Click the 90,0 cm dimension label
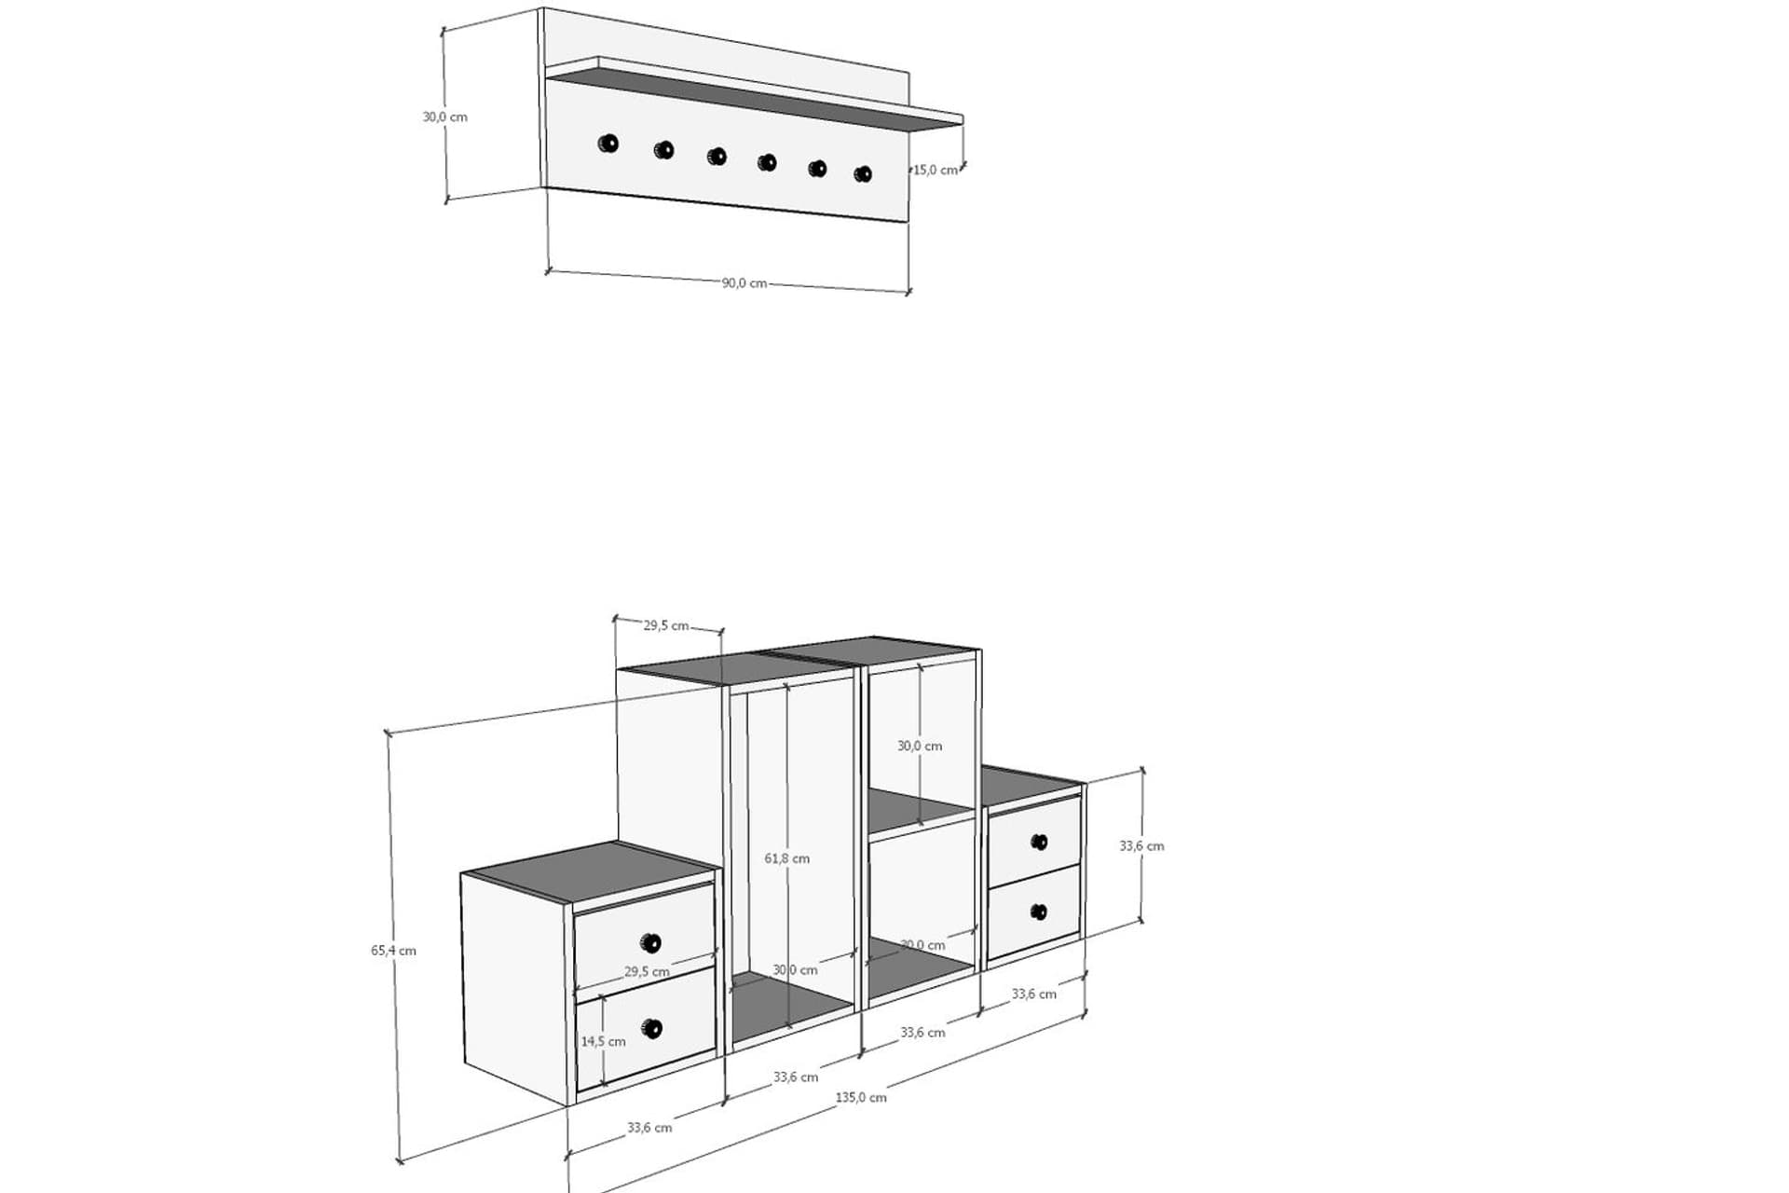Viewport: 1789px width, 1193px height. pyautogui.click(x=744, y=283)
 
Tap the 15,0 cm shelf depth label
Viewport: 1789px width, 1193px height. pyautogui.click(x=935, y=170)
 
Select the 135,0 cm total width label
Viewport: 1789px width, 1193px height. pyautogui.click(x=861, y=1098)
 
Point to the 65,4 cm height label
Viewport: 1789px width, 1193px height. pyautogui.click(x=393, y=951)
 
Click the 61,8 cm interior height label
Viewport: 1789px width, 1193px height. pyautogui.click(x=787, y=858)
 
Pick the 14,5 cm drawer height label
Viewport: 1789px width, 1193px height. pyautogui.click(x=604, y=1041)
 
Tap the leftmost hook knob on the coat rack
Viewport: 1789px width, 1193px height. pyautogui.click(x=608, y=144)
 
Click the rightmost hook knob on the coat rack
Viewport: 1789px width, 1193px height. pyautogui.click(x=864, y=173)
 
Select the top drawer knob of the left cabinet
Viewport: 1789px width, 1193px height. pyautogui.click(x=651, y=942)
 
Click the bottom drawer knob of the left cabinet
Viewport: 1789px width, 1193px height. pyautogui.click(x=651, y=1029)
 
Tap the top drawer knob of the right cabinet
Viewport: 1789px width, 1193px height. pyautogui.click(x=1039, y=843)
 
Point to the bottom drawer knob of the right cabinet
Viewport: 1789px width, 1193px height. pyautogui.click(x=1039, y=912)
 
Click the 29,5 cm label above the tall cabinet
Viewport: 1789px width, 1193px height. pyautogui.click(x=666, y=625)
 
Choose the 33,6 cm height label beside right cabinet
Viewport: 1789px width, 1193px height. pyautogui.click(x=1141, y=846)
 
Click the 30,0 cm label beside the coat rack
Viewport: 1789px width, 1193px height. pyautogui.click(x=445, y=117)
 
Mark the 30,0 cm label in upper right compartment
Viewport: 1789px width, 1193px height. pyautogui.click(x=920, y=746)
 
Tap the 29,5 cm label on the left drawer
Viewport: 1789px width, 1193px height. pyautogui.click(x=647, y=971)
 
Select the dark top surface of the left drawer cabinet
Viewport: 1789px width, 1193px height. pyautogui.click(x=591, y=871)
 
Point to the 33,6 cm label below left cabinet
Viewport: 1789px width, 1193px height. pyautogui.click(x=649, y=1128)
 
